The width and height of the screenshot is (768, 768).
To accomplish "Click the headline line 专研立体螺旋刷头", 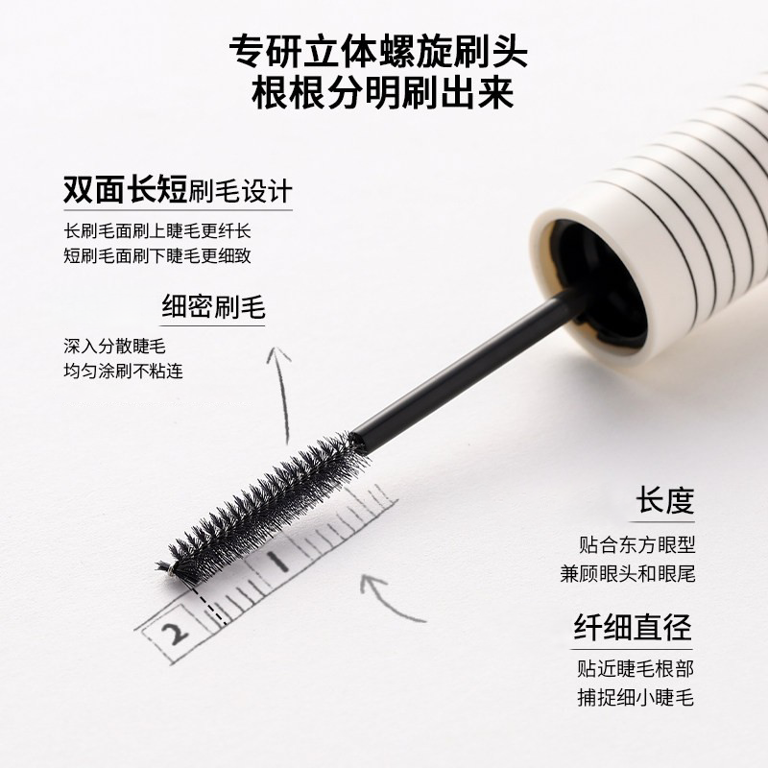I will point(383,51).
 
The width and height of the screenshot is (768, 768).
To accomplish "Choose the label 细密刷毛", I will point(213,307).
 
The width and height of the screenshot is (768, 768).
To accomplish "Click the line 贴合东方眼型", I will point(636,545).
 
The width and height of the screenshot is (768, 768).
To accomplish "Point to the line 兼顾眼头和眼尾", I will point(636,574).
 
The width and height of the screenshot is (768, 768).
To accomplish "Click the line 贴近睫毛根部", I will point(636,669).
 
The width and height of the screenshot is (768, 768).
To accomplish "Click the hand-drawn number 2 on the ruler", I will point(175,633).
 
